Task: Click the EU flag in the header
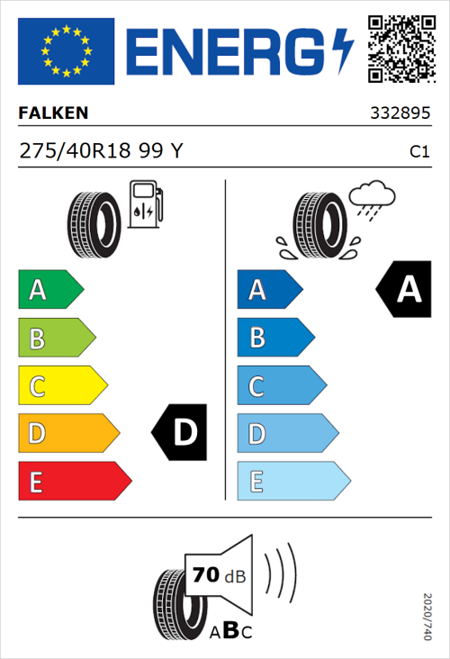pyautogui.click(x=66, y=50)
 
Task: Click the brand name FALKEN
pyautogui.click(x=54, y=113)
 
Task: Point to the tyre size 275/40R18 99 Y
pyautogui.click(x=101, y=152)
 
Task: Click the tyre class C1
pyautogui.click(x=418, y=153)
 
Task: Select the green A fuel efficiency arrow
pyautogui.click(x=49, y=290)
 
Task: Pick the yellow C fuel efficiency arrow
pyautogui.click(x=61, y=386)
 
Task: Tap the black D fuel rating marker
pyautogui.click(x=180, y=434)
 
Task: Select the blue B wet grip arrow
pyautogui.click(x=274, y=338)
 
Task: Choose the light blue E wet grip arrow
pyautogui.click(x=292, y=482)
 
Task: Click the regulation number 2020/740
pyautogui.click(x=427, y=616)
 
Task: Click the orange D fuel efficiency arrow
pyautogui.click(x=67, y=434)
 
